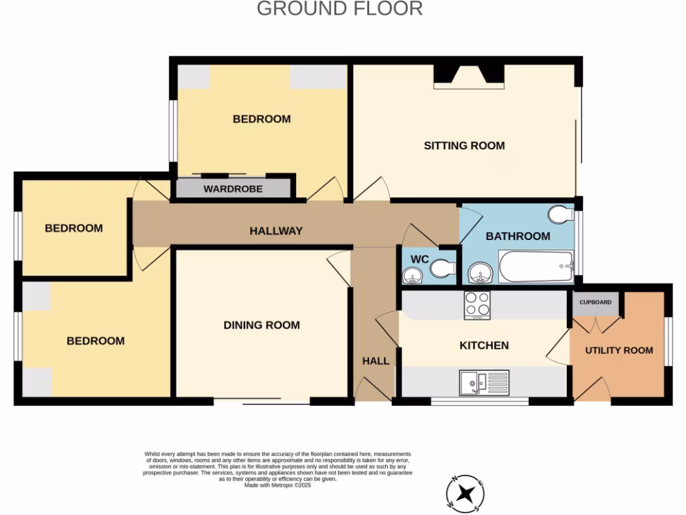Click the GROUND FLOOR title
(x=340, y=9)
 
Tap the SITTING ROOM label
(x=464, y=146)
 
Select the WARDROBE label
(x=233, y=189)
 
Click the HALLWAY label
(x=276, y=231)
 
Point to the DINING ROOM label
(x=261, y=325)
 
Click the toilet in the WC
(x=443, y=269)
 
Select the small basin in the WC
(x=411, y=274)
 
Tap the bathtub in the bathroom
(x=537, y=266)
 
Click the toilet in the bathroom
(x=559, y=215)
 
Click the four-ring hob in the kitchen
(x=478, y=304)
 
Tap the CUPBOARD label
(x=595, y=302)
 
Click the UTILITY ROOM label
(x=619, y=350)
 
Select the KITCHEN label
(x=484, y=345)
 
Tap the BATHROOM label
(x=518, y=236)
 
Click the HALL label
(x=376, y=361)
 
